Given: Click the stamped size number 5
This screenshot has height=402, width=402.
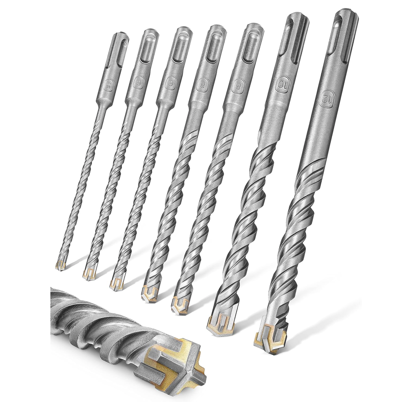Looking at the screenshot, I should pos(110,82).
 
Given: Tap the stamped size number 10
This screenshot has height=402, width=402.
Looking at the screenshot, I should pos(280,85).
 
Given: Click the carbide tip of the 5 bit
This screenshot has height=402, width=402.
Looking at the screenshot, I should pos(60,265).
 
